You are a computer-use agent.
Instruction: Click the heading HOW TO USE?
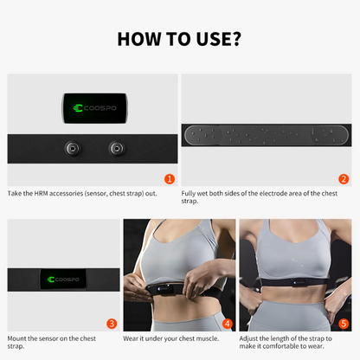(180, 39)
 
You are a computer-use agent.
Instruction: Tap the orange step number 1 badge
(170, 178)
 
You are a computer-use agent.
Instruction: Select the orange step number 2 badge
(344, 179)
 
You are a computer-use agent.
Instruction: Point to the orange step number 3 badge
(112, 324)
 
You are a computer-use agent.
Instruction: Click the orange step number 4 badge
(228, 324)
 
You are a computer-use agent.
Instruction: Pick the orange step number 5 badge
(344, 324)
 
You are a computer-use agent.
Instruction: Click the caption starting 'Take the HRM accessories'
(82, 193)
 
